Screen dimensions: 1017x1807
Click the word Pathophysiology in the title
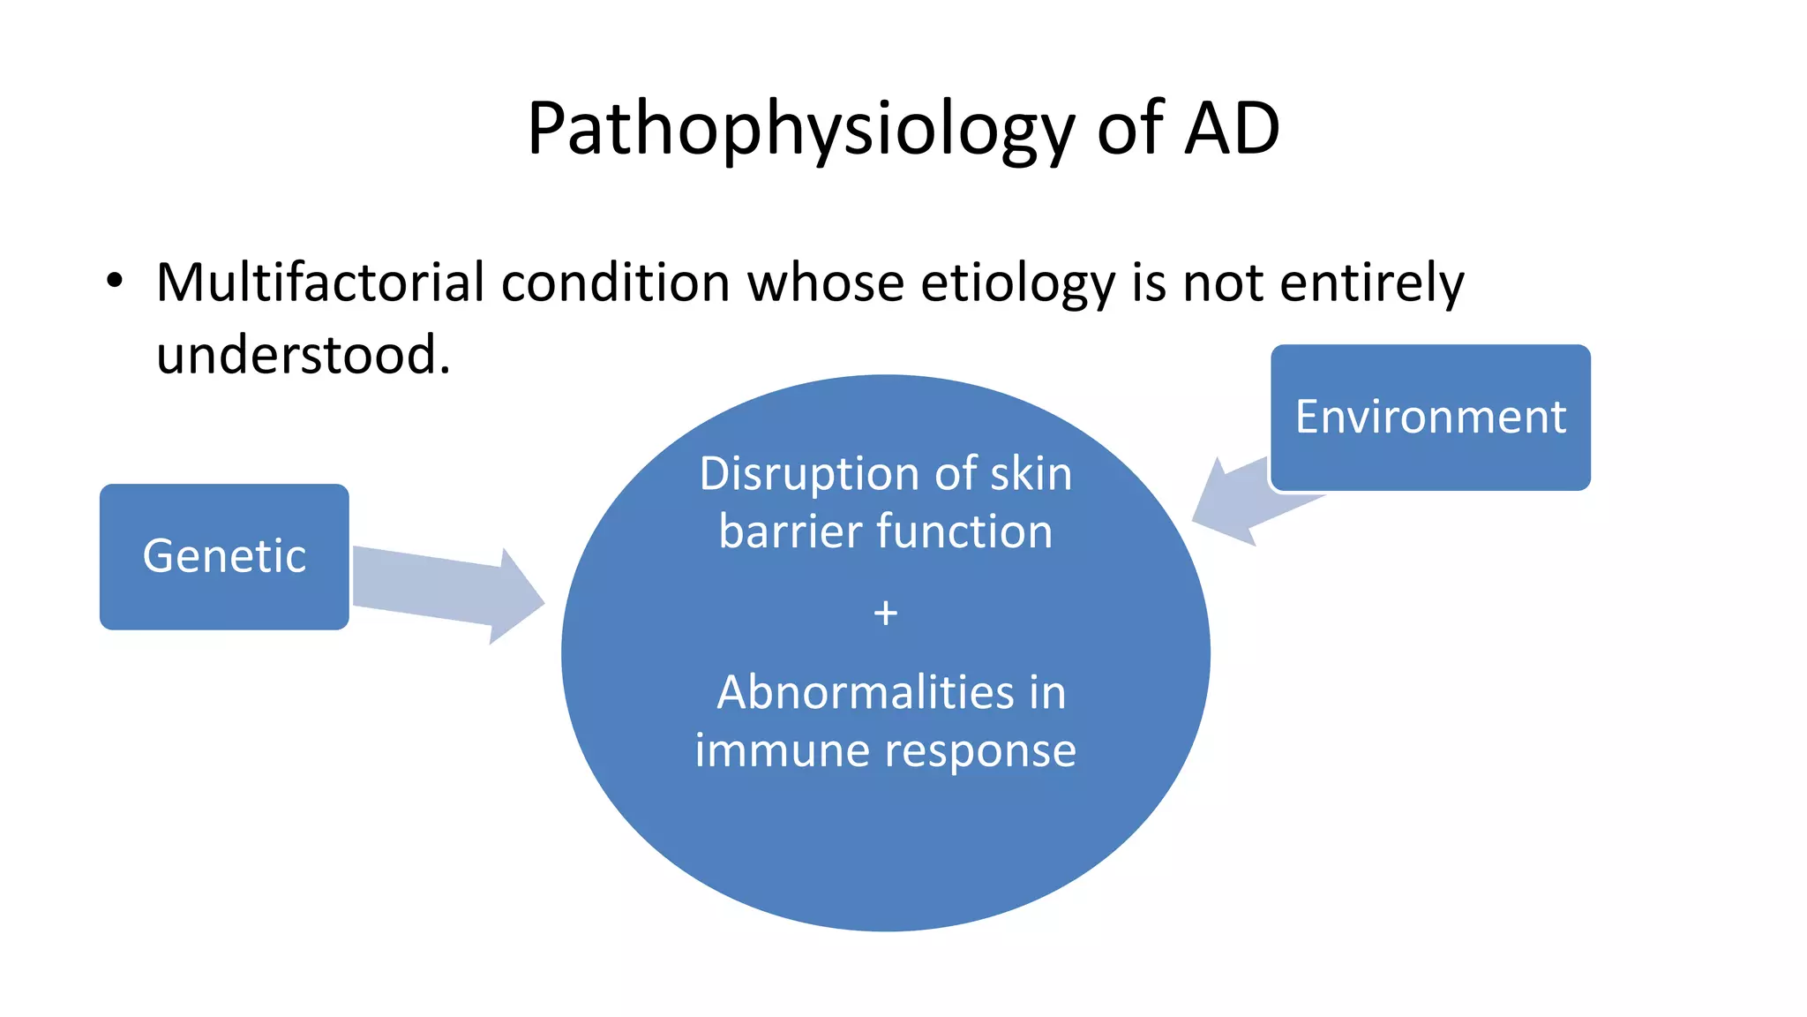point(799,131)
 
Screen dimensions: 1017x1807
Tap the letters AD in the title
point(1232,129)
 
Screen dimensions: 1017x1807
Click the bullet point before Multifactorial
point(114,282)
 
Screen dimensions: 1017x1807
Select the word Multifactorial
point(320,282)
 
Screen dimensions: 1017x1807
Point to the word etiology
point(1018,284)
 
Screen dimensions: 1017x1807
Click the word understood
point(303,355)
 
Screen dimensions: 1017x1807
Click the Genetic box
point(224,556)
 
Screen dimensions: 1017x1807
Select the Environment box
point(1429,417)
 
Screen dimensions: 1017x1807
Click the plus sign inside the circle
point(885,613)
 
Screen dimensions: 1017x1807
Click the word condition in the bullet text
point(615,282)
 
